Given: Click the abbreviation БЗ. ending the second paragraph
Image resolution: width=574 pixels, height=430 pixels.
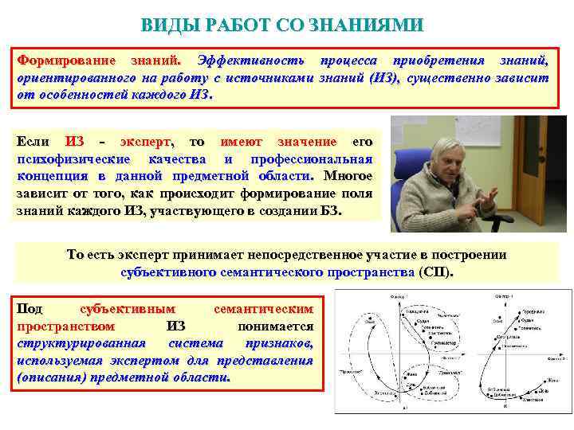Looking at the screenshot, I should (331, 211).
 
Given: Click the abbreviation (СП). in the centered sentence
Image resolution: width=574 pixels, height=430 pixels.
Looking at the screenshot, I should (434, 272).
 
